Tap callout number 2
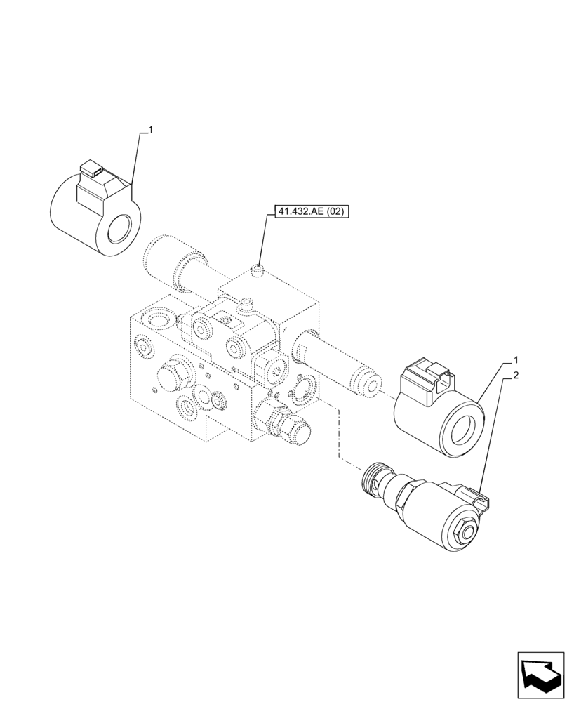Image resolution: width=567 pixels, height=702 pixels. (516, 376)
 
